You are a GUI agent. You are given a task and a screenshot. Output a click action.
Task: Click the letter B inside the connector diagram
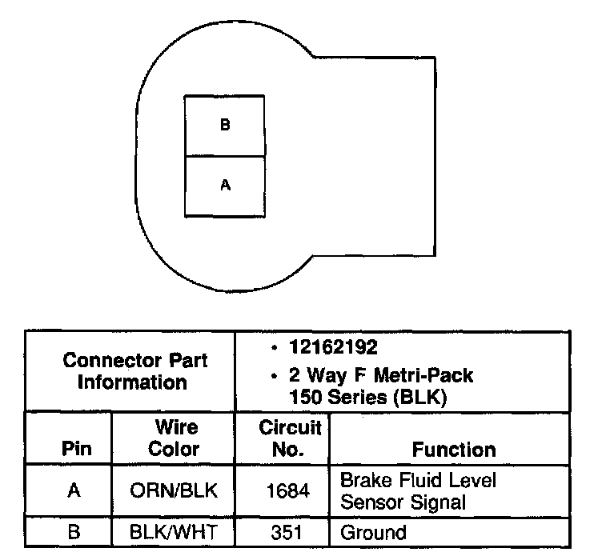pyautogui.click(x=225, y=126)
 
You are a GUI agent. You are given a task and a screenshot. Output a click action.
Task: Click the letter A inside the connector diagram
pyautogui.click(x=225, y=185)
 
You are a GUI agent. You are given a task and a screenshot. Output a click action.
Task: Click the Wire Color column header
pyautogui.click(x=174, y=439)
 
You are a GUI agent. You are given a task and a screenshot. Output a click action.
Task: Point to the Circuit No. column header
pyautogui.click(x=290, y=438)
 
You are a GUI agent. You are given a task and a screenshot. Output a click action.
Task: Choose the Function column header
pyautogui.click(x=453, y=450)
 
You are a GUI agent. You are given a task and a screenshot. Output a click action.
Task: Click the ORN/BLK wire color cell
pyautogui.click(x=174, y=490)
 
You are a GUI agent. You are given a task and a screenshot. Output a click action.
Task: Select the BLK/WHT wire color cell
pyautogui.click(x=174, y=532)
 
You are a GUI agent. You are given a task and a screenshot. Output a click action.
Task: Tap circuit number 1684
pyautogui.click(x=289, y=490)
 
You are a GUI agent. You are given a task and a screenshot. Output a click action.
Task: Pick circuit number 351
pyautogui.click(x=289, y=532)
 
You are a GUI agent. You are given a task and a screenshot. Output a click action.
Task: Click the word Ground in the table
pyautogui.click(x=373, y=532)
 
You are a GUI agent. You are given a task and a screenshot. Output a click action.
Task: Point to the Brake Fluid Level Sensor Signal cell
pyautogui.click(x=418, y=490)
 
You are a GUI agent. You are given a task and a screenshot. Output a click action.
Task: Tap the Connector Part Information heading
pyautogui.click(x=134, y=371)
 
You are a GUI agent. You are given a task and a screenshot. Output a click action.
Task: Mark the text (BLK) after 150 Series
pyautogui.click(x=426, y=394)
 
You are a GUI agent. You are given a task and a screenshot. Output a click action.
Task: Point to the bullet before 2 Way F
pyautogui.click(x=274, y=375)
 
